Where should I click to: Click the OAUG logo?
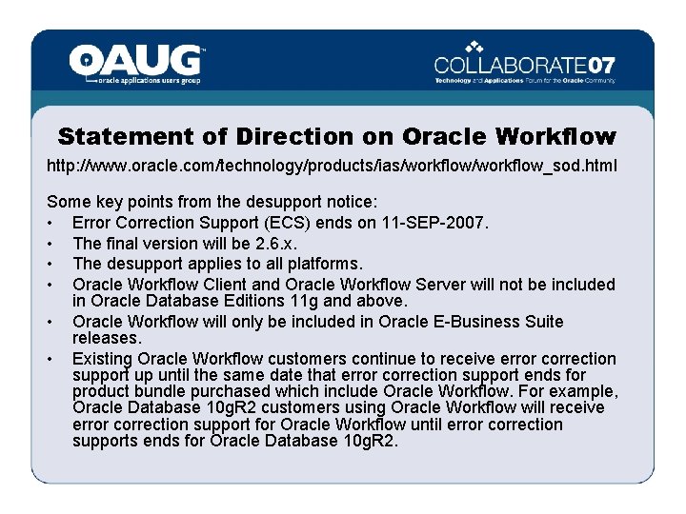click(x=135, y=63)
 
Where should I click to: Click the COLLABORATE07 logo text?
click(x=524, y=67)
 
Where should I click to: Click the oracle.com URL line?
click(x=332, y=166)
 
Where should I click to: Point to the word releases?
click(x=107, y=339)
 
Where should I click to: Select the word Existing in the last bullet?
click(x=102, y=358)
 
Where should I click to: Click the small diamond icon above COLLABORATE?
click(x=474, y=45)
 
